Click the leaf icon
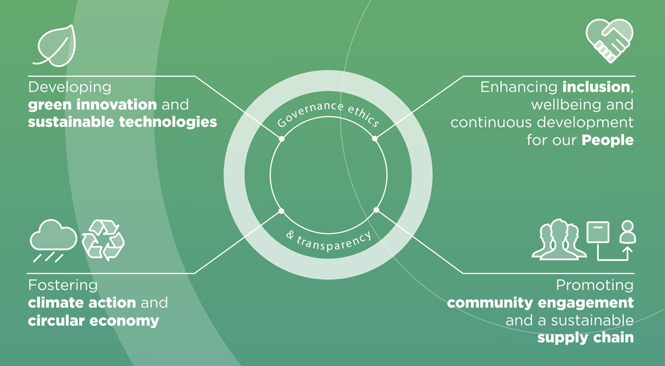pyautogui.click(x=55, y=46)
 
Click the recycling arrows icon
pyautogui.click(x=103, y=239)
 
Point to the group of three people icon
pyautogui.click(x=559, y=240)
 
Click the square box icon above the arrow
pyautogui.click(x=598, y=232)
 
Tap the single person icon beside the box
pyautogui.click(x=627, y=232)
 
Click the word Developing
pyautogui.click(x=69, y=87)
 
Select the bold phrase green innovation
pyautogui.click(x=92, y=105)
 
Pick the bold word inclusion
pyautogui.click(x=596, y=87)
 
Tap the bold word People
pyautogui.click(x=608, y=140)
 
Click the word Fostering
pyautogui.click(x=63, y=285)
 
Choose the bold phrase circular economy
pyautogui.click(x=93, y=320)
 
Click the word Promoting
pyautogui.click(x=595, y=285)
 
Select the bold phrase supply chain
pyautogui.click(x=585, y=338)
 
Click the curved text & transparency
pyautogui.click(x=328, y=239)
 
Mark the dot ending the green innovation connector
pyautogui.click(x=281, y=139)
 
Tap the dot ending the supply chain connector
pyautogui.click(x=376, y=210)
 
